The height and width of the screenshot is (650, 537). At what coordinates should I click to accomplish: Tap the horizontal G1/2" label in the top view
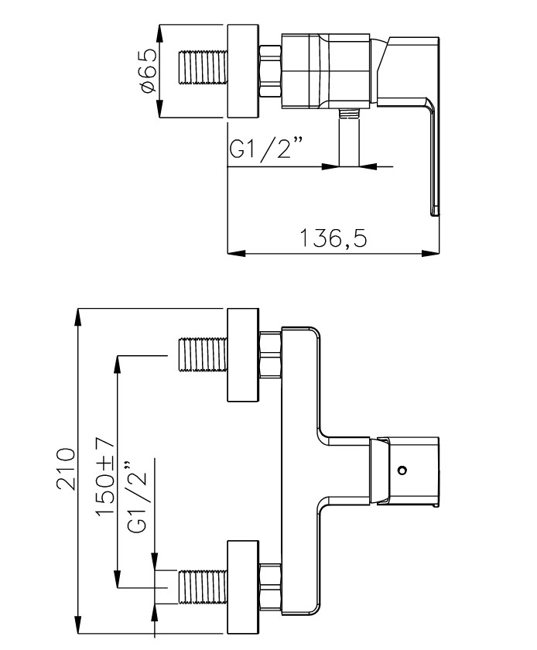pos(265,151)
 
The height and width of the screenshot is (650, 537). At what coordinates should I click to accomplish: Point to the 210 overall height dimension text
pos(67,468)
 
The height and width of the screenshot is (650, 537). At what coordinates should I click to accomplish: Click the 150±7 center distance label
pos(105,474)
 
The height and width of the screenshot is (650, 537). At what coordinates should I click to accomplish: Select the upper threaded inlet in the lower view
pos(202,355)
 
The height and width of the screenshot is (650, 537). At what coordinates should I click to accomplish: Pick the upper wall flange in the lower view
pos(244,355)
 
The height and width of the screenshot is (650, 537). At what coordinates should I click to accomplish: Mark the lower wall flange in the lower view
pos(244,587)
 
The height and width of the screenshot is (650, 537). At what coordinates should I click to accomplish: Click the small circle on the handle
pos(401,470)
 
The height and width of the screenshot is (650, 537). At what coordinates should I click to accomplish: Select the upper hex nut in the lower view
pos(269,355)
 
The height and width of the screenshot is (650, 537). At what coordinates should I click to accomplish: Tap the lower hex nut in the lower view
pos(269,587)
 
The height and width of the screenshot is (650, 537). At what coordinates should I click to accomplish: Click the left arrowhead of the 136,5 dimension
pos(234,252)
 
